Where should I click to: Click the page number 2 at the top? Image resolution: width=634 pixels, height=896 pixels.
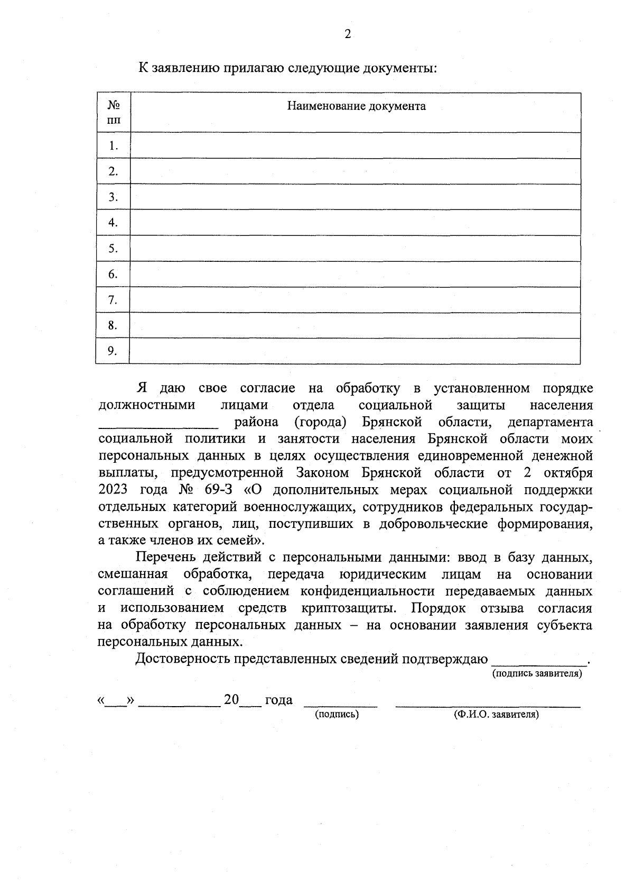pyautogui.click(x=347, y=35)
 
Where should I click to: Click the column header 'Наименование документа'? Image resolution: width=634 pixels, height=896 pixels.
pyautogui.click(x=356, y=106)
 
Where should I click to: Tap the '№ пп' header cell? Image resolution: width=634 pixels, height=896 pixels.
pyautogui.click(x=113, y=112)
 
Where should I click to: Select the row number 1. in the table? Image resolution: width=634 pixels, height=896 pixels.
pyautogui.click(x=113, y=145)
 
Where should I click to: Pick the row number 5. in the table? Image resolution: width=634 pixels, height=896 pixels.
pyautogui.click(x=113, y=249)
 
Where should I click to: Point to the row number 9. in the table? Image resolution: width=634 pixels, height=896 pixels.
pyautogui.click(x=113, y=351)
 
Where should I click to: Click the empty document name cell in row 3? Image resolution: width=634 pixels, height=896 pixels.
pyautogui.click(x=355, y=197)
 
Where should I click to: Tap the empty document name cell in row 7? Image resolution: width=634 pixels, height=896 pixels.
pyautogui.click(x=355, y=300)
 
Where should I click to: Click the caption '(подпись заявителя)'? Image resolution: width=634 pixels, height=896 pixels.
pyautogui.click(x=537, y=674)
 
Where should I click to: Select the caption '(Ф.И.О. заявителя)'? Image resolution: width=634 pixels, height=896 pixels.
pyautogui.click(x=496, y=715)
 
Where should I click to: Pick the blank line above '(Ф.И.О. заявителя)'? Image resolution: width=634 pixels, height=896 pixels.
pyautogui.click(x=488, y=706)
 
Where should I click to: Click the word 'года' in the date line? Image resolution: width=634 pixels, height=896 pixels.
pyautogui.click(x=278, y=700)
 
